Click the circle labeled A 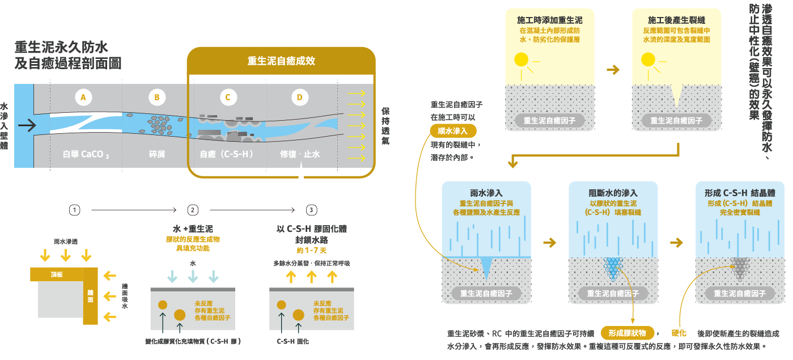click(x=83, y=98)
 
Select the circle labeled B click(x=157, y=98)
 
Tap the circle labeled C click(x=228, y=98)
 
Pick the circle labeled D click(x=299, y=98)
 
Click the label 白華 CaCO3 click(x=86, y=154)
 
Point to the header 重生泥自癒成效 click(x=281, y=61)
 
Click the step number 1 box click(x=74, y=210)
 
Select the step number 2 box click(x=193, y=210)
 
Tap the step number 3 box click(x=311, y=210)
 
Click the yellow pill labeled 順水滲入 click(x=453, y=131)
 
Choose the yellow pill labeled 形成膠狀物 click(x=627, y=333)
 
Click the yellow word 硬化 click(x=679, y=333)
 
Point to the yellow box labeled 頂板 click(x=57, y=274)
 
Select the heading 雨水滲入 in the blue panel click(x=486, y=193)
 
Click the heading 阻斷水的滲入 click(x=613, y=193)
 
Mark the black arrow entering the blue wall click(x=27, y=124)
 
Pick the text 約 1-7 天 click(x=311, y=250)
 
